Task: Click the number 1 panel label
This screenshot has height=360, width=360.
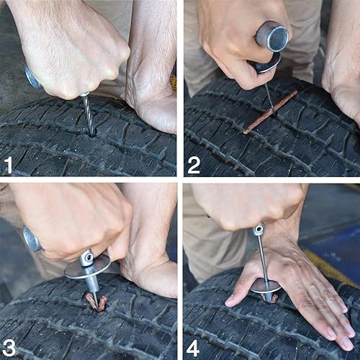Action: pos(9,165)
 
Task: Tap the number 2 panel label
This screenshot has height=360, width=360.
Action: pos(194,165)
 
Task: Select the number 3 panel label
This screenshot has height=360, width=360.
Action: pos(9,347)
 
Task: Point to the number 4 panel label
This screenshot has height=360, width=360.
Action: pos(194,347)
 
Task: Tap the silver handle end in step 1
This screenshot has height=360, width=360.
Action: pos(32,78)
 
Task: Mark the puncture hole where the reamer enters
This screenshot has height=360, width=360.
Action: pos(91,132)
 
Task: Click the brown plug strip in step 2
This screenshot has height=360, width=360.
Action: pos(270,112)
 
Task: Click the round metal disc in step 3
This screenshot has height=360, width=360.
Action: pos(86,266)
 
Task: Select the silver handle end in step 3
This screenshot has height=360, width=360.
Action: pos(31,240)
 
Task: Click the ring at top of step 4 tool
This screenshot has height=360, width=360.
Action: pos(258,230)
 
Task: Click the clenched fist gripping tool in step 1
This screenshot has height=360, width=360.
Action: pos(68,50)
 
